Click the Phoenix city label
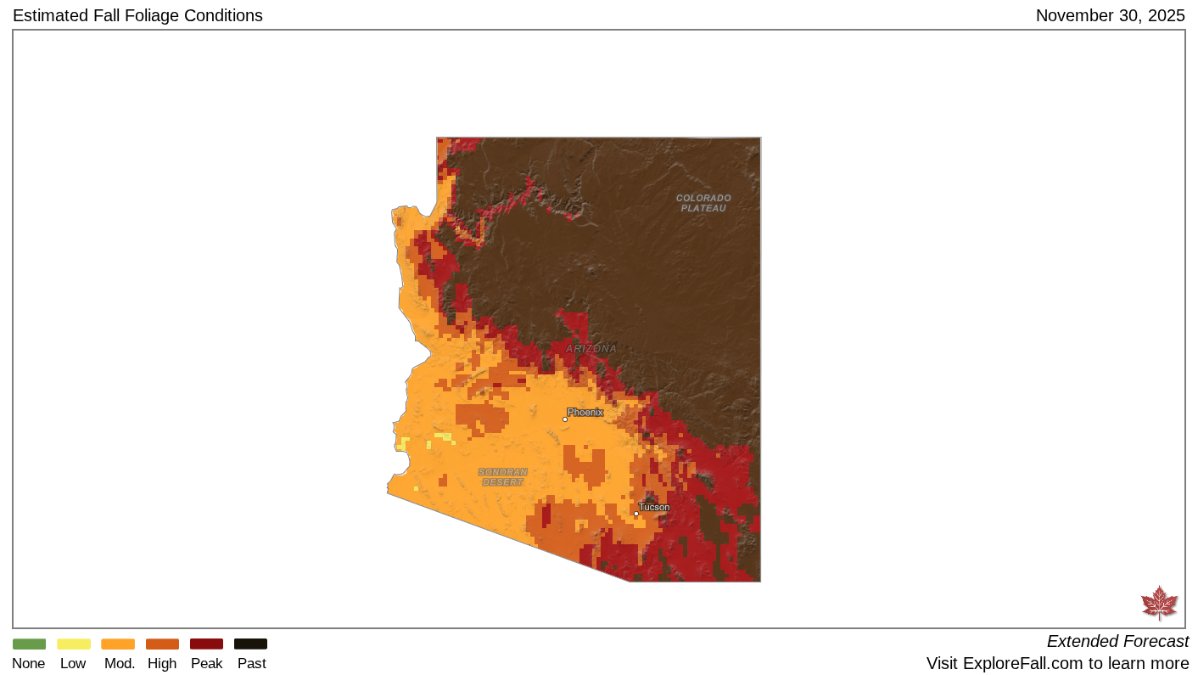tap(585, 412)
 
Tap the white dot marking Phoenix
tap(565, 419)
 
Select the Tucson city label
tap(654, 507)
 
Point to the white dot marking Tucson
tap(636, 513)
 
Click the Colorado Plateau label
tap(703, 203)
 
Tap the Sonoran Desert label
tap(502, 477)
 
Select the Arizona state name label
tap(591, 349)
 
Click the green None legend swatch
tap(29, 644)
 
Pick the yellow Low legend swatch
tap(73, 644)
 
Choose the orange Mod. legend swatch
tap(118, 644)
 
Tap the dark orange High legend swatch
tap(162, 644)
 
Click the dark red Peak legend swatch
tap(206, 644)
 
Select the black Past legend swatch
tap(250, 644)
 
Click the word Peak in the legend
tap(206, 663)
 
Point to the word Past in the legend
tap(251, 663)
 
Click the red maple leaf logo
tap(1159, 603)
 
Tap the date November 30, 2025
tap(1110, 15)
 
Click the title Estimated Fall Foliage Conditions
tap(137, 15)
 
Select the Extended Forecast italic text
tap(1117, 641)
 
